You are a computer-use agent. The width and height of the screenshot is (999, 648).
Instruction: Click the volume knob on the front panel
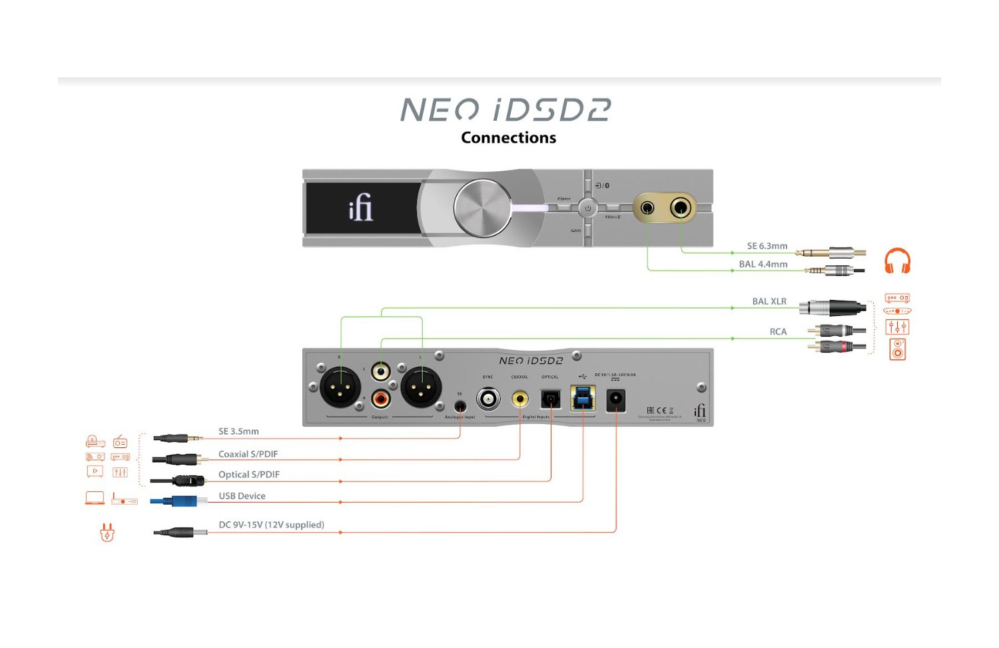[482, 208]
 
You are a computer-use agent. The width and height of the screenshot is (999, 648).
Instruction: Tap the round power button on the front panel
[587, 208]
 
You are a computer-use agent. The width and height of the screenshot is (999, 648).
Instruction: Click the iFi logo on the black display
[360, 208]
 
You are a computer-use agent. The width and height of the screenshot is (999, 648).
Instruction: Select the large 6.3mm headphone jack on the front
[680, 208]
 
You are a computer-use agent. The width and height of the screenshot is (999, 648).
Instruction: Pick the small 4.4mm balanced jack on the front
[647, 208]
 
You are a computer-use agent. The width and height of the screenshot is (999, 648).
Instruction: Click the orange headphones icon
[897, 261]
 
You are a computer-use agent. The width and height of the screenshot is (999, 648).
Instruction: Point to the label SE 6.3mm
[767, 246]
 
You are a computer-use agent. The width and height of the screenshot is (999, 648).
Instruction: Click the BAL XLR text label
[769, 301]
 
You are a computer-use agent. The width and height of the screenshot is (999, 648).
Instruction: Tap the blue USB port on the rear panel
[583, 398]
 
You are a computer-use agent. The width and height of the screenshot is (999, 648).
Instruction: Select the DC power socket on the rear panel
[616, 400]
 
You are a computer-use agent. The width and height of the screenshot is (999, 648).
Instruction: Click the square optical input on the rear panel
[551, 399]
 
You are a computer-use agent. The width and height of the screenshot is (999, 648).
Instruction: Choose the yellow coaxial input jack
[519, 399]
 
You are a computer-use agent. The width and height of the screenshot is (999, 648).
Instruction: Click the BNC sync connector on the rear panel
[488, 399]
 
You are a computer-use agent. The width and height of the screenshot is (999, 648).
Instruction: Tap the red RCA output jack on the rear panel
[381, 399]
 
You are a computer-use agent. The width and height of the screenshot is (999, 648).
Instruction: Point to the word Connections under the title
[508, 137]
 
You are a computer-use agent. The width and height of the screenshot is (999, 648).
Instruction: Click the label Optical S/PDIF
[249, 475]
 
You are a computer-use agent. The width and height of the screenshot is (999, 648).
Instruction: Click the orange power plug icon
[107, 532]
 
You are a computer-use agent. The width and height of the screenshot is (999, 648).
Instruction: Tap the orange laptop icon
[95, 498]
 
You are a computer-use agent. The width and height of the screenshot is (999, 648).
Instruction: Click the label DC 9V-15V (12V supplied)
[271, 525]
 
